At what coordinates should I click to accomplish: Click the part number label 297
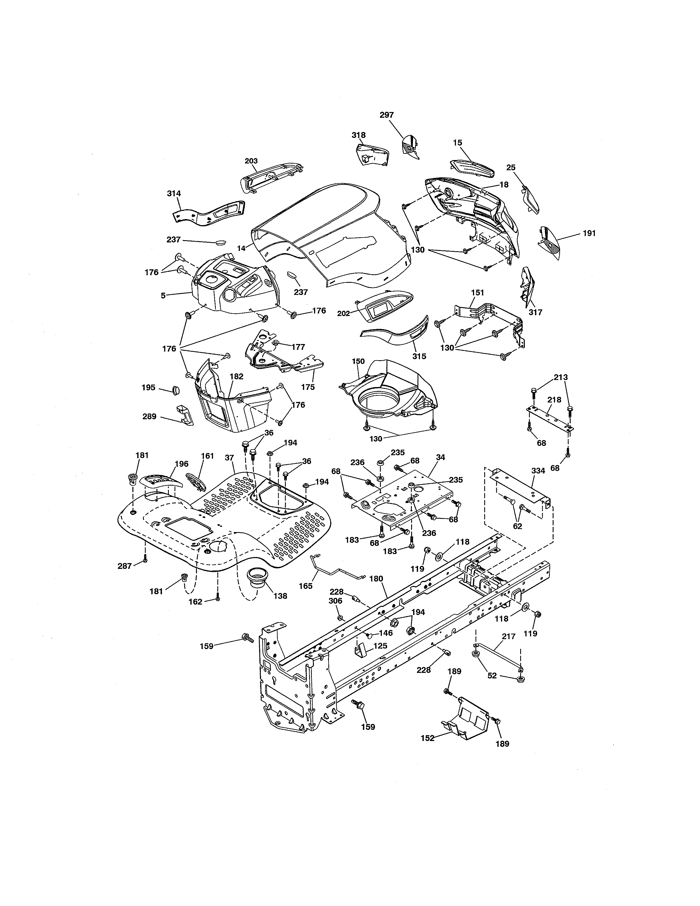pyautogui.click(x=387, y=115)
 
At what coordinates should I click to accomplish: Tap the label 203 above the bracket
pyautogui.click(x=251, y=161)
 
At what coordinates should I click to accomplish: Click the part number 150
pyautogui.click(x=358, y=361)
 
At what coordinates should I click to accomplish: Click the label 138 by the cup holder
pyautogui.click(x=280, y=596)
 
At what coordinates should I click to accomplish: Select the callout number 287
pyautogui.click(x=124, y=566)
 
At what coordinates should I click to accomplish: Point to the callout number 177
pyautogui.click(x=298, y=347)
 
